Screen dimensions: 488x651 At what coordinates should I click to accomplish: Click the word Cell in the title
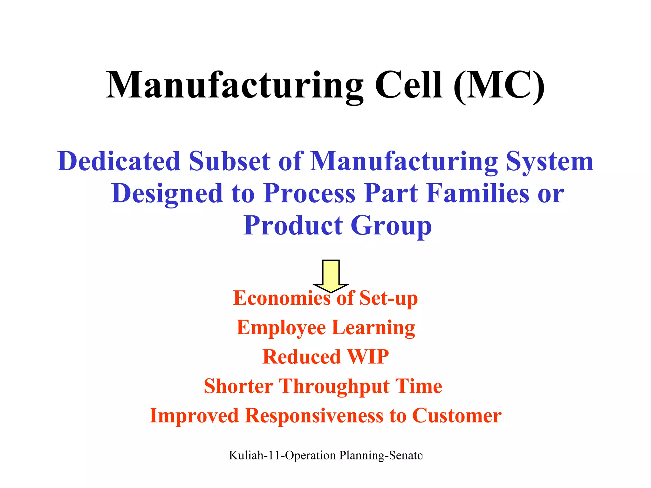coord(408,85)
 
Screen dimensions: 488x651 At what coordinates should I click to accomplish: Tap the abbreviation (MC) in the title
coord(499,86)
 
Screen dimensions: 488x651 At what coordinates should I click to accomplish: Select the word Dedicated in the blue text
coord(119,161)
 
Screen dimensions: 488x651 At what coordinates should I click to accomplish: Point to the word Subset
coord(230,161)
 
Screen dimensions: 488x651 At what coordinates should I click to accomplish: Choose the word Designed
coord(167,194)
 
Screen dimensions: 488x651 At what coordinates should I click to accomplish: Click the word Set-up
coord(388,299)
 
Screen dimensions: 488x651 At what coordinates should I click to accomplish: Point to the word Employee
coord(281,328)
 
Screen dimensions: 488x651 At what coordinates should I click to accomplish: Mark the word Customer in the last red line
coord(457,416)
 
